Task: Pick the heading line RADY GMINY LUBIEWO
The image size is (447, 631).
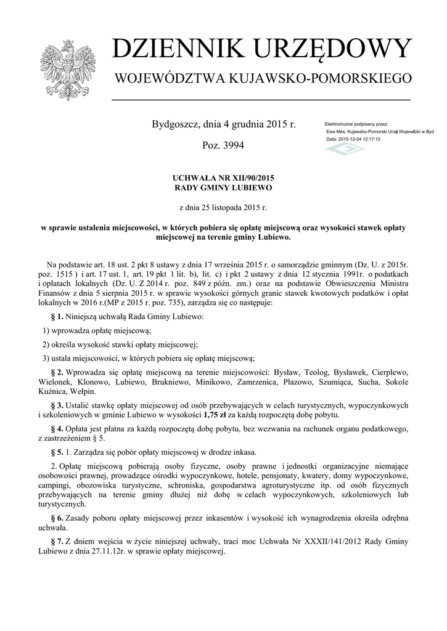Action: point(224,187)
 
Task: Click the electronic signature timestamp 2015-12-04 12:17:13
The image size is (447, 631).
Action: point(359,139)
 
